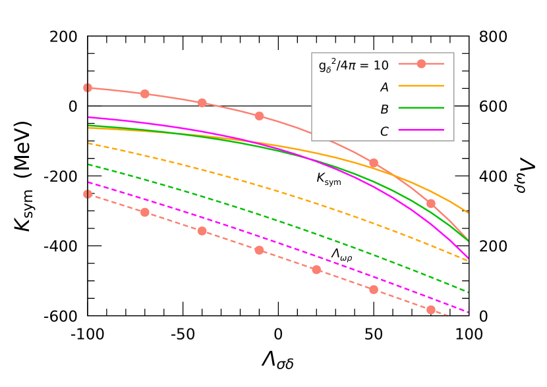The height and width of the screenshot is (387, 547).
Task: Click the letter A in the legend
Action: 384,88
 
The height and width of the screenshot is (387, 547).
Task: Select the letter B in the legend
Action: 384,109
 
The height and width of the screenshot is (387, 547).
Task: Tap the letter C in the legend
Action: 384,132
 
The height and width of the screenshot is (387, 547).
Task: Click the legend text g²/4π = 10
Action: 353,65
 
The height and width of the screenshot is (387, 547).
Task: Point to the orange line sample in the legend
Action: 421,86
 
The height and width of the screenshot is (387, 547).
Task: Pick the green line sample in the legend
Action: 421,107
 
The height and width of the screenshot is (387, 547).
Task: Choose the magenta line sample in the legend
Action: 421,130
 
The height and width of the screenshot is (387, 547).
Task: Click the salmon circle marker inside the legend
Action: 421,64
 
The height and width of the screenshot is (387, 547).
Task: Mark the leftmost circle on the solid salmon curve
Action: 88,88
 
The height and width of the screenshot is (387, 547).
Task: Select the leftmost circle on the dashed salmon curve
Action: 88,194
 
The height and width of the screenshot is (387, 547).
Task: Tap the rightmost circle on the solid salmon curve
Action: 431,203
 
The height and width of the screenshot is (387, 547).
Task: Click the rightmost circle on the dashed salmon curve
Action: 431,310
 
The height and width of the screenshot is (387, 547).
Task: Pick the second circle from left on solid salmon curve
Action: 145,94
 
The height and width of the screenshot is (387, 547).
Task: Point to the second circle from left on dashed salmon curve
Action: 145,212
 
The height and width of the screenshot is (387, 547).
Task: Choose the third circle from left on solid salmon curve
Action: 202,103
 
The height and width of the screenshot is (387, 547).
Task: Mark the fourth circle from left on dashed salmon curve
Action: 259,250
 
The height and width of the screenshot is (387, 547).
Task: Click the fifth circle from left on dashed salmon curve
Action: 316,270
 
